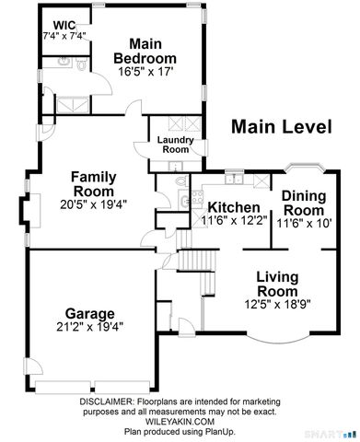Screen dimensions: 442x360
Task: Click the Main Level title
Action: click(x=280, y=126)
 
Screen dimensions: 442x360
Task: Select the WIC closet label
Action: click(x=64, y=25)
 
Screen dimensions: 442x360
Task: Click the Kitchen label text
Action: click(x=236, y=207)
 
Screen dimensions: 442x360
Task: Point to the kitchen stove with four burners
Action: click(x=193, y=202)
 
